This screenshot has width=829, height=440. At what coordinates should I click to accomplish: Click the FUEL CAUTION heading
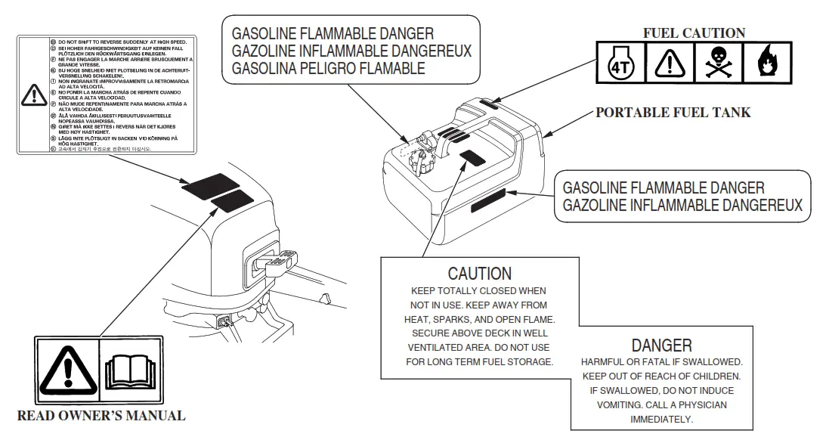[694, 33]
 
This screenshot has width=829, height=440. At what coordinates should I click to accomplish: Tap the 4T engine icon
[620, 65]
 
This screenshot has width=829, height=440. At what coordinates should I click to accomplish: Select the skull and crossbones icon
[718, 65]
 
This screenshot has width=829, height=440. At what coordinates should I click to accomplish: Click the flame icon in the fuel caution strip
[767, 65]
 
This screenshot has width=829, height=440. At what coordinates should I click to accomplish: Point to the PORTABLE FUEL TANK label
[673, 113]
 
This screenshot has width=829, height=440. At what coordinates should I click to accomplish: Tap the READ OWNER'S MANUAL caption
[101, 416]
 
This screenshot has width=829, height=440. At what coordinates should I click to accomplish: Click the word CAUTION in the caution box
[479, 273]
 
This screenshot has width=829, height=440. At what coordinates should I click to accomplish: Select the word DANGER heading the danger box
[661, 345]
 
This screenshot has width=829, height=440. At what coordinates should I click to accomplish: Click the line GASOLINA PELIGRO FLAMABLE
[329, 68]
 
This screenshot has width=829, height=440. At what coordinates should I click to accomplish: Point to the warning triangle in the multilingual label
[34, 95]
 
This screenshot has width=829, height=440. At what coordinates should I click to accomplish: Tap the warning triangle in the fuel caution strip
[669, 65]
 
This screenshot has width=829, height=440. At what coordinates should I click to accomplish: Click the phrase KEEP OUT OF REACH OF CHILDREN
[661, 376]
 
